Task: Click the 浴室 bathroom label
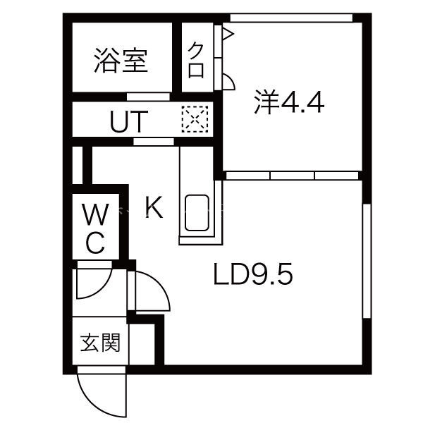(x=121, y=61)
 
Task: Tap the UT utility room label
(x=129, y=122)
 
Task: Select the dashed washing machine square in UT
(x=195, y=119)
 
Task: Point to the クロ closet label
(x=197, y=61)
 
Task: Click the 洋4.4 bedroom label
(x=289, y=103)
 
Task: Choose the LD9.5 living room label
(x=253, y=274)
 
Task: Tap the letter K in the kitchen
(x=154, y=207)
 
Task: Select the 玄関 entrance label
(x=100, y=343)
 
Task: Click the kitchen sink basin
(x=197, y=213)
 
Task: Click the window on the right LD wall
(x=367, y=261)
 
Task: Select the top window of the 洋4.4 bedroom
(x=291, y=18)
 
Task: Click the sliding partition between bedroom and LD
(x=293, y=176)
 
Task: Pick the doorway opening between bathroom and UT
(x=148, y=97)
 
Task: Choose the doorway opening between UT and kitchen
(x=154, y=142)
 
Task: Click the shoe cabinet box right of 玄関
(x=142, y=344)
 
